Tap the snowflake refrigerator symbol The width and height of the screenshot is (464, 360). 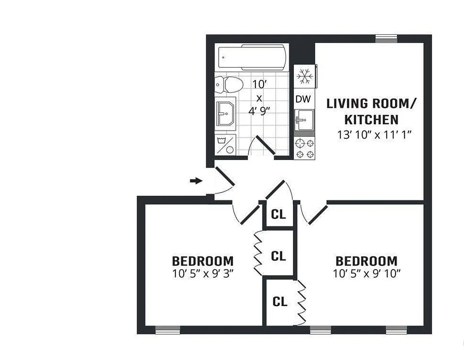pos(305,76)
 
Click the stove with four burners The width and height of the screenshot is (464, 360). pos(305,148)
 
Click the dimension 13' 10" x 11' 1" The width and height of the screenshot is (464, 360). pos(375,134)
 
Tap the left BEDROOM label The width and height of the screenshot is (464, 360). pos(203,261)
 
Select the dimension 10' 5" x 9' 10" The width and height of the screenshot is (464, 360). pos(366,272)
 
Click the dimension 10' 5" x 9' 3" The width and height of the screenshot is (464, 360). pos(203,272)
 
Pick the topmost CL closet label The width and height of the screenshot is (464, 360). pos(278,215)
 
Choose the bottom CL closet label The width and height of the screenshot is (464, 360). pos(280,302)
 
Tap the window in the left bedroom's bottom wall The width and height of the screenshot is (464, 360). pos(167,331)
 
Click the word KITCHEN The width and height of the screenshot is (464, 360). pos(372,120)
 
